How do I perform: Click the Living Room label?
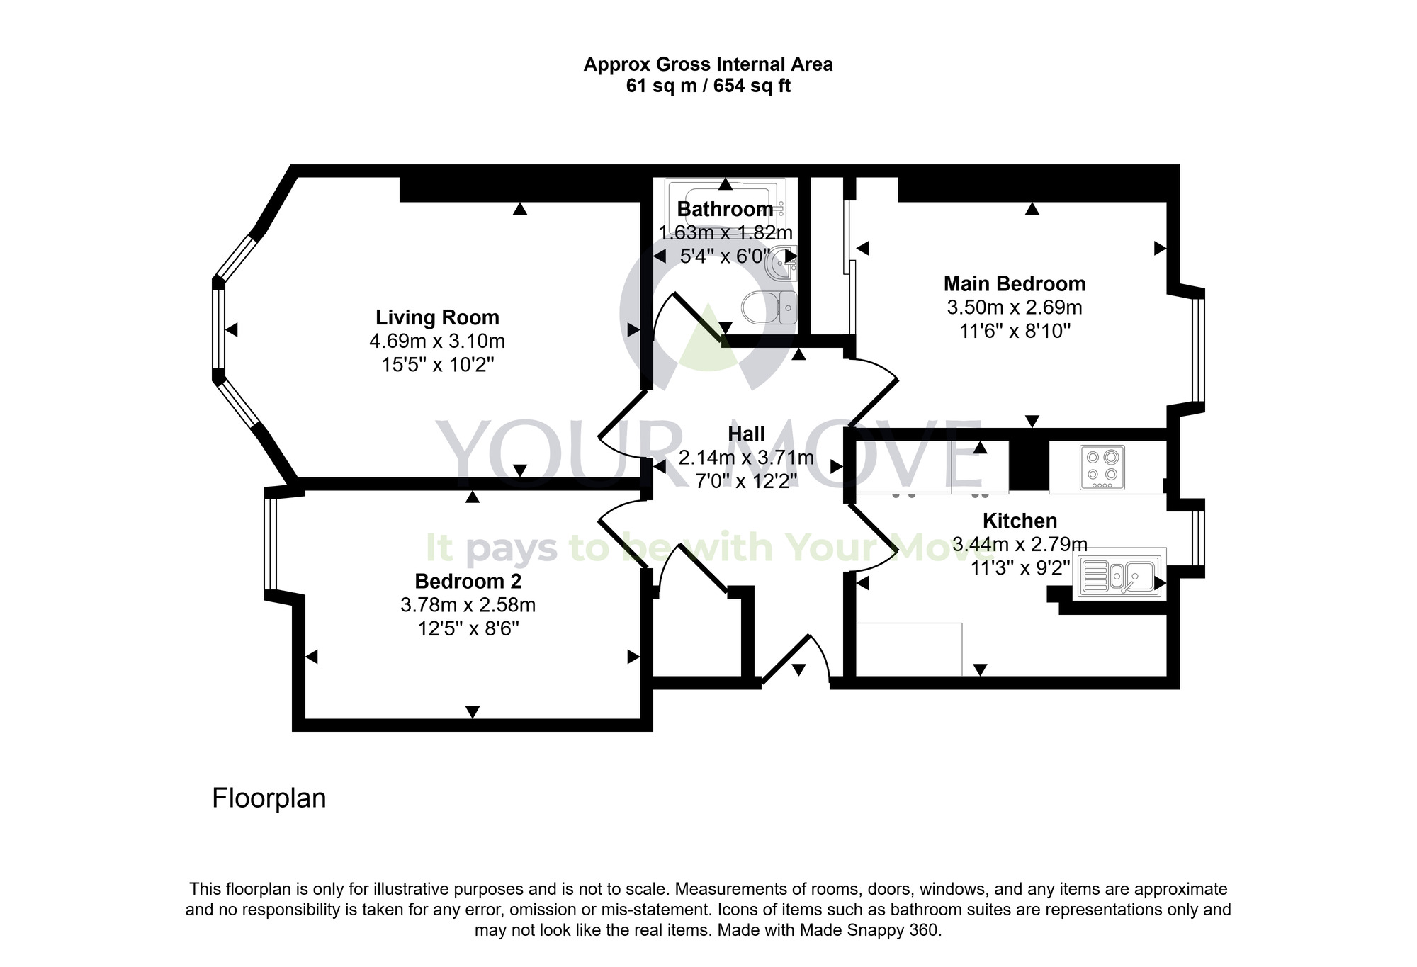[437, 317]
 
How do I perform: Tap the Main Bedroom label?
[1014, 284]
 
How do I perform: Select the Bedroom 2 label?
[468, 582]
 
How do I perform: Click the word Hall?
[746, 434]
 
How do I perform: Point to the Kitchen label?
[1020, 521]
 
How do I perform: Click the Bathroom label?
[725, 210]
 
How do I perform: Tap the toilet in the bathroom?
[769, 307]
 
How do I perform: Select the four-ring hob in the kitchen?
[1102, 468]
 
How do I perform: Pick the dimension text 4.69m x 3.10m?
[437, 341]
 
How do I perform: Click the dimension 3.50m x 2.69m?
[1014, 307]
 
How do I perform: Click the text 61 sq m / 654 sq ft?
[708, 86]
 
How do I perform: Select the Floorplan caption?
[269, 798]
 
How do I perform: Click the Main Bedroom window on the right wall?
[1197, 349]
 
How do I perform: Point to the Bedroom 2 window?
[270, 544]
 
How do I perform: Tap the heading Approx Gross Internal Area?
[708, 64]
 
